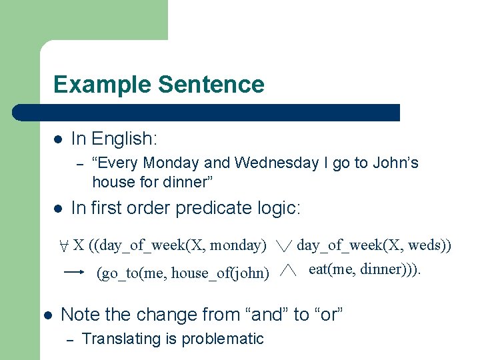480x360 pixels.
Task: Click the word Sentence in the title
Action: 211,85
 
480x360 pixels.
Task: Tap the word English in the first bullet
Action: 124,139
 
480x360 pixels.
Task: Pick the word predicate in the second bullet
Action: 214,209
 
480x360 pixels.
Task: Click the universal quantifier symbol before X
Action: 63,245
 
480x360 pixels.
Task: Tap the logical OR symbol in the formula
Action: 283,247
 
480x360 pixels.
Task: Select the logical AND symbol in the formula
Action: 287,271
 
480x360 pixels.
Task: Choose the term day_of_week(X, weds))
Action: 374,245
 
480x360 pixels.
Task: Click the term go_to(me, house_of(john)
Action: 183,273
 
